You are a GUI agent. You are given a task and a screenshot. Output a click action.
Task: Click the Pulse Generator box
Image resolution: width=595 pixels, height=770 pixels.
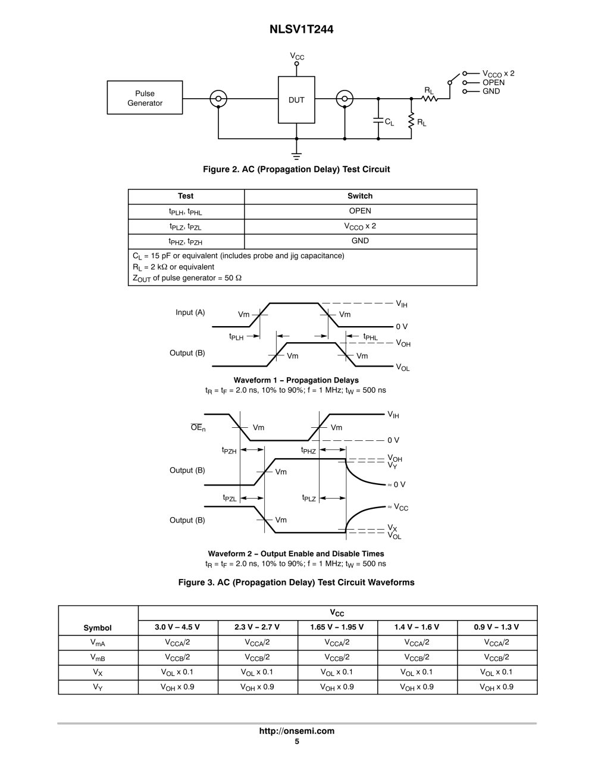145,98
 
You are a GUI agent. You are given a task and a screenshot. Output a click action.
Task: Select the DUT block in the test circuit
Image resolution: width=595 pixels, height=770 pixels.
296,99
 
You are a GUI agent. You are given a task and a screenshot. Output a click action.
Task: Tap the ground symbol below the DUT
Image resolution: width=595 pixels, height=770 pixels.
296,156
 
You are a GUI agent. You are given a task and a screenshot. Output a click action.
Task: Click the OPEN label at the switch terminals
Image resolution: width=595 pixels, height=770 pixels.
493,83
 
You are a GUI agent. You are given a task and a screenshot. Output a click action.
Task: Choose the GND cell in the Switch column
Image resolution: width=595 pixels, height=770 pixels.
360,241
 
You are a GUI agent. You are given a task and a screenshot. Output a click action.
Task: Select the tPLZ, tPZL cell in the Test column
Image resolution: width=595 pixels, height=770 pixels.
186,227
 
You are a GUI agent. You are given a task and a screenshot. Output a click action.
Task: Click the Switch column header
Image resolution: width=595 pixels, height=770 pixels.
360,196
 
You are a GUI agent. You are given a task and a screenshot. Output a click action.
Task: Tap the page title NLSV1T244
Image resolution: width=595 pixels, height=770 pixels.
302,29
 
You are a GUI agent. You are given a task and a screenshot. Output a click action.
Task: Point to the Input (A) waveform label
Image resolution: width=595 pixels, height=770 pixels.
190,312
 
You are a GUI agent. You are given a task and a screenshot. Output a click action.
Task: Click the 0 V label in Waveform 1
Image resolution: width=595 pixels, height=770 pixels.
402,326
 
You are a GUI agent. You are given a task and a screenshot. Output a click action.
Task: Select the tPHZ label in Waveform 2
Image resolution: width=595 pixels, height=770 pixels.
308,450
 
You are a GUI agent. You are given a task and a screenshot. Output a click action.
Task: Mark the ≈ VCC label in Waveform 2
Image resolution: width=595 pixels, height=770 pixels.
397,507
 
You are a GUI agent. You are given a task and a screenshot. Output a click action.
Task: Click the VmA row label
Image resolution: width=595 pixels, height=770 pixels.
98,643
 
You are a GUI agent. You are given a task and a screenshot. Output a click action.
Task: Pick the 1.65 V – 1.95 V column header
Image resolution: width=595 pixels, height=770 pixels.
337,627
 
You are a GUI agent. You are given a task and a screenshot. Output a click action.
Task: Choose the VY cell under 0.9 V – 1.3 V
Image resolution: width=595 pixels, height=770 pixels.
497,687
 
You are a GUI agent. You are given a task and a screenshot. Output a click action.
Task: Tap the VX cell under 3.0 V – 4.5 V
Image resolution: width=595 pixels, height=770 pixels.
177,672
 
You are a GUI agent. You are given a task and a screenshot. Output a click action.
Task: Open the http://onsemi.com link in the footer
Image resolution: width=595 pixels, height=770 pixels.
297,731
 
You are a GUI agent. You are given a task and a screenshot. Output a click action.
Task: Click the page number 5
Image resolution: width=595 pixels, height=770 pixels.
297,741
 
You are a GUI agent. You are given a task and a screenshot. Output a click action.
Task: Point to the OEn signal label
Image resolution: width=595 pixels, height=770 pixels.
198,427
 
